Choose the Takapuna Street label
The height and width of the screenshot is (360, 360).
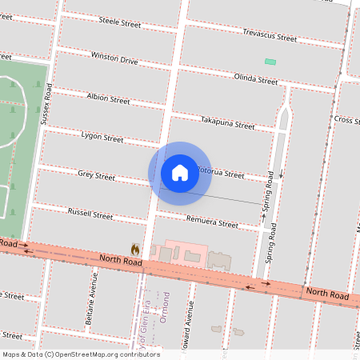point(228,126)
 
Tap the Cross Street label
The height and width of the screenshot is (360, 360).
point(346,120)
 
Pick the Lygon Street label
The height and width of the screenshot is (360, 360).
point(102,138)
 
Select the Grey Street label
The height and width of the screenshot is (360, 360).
point(96,174)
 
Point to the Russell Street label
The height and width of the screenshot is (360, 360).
point(90,214)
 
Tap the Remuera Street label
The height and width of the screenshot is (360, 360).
point(212,224)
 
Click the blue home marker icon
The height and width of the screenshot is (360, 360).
point(179,172)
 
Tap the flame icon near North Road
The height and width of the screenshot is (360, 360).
point(135,250)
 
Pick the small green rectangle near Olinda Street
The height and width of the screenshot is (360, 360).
point(270,62)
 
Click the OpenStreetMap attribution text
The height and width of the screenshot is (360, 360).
point(82,354)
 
